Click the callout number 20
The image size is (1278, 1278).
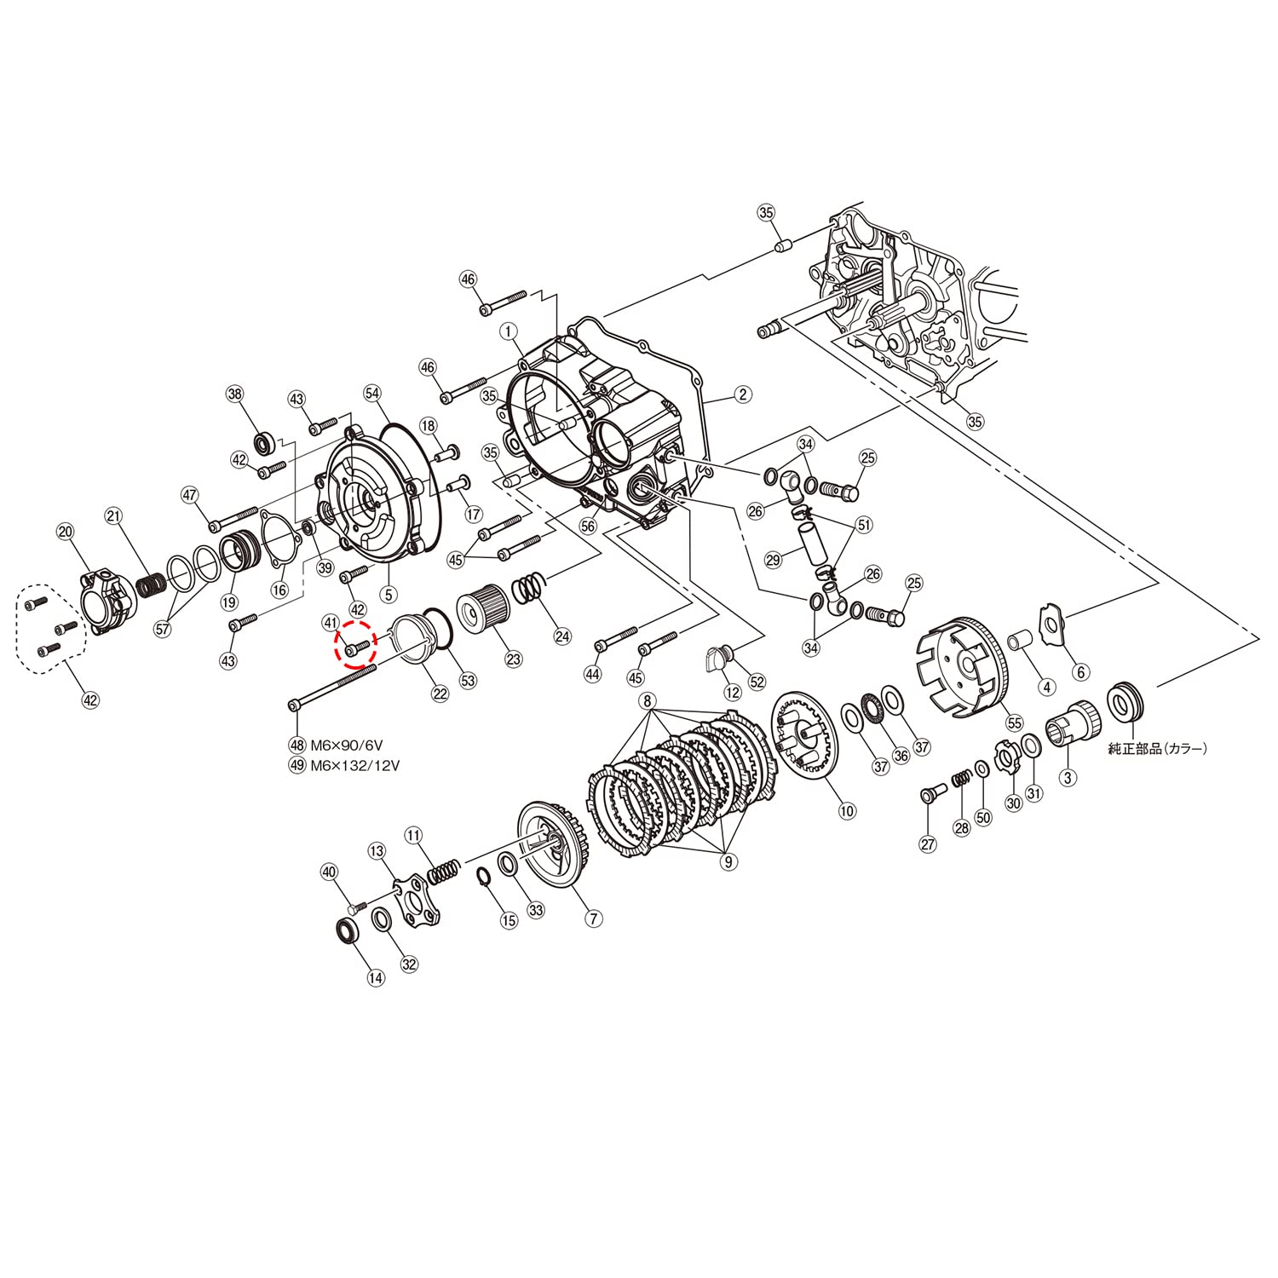(66, 532)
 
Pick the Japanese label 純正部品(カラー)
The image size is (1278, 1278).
(1157, 748)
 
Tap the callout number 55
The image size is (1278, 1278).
(1014, 723)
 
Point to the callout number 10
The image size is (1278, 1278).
(847, 811)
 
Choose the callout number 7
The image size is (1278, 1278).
(594, 918)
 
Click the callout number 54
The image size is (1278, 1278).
(372, 393)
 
